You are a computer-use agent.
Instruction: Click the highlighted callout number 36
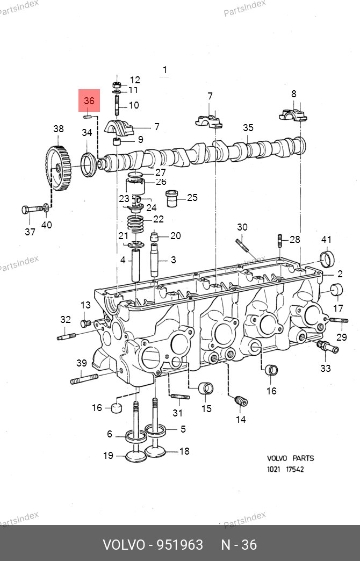tap(89, 101)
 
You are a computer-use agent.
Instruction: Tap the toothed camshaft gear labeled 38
tap(58, 168)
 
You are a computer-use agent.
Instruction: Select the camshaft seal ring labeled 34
tap(89, 164)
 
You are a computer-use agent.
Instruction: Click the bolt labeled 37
tap(32, 209)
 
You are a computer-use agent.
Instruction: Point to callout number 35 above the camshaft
tap(248, 128)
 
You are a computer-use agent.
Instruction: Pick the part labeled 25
tap(172, 199)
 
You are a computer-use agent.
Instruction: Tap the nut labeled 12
tap(117, 85)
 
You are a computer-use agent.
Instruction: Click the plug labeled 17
tap(336, 290)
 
